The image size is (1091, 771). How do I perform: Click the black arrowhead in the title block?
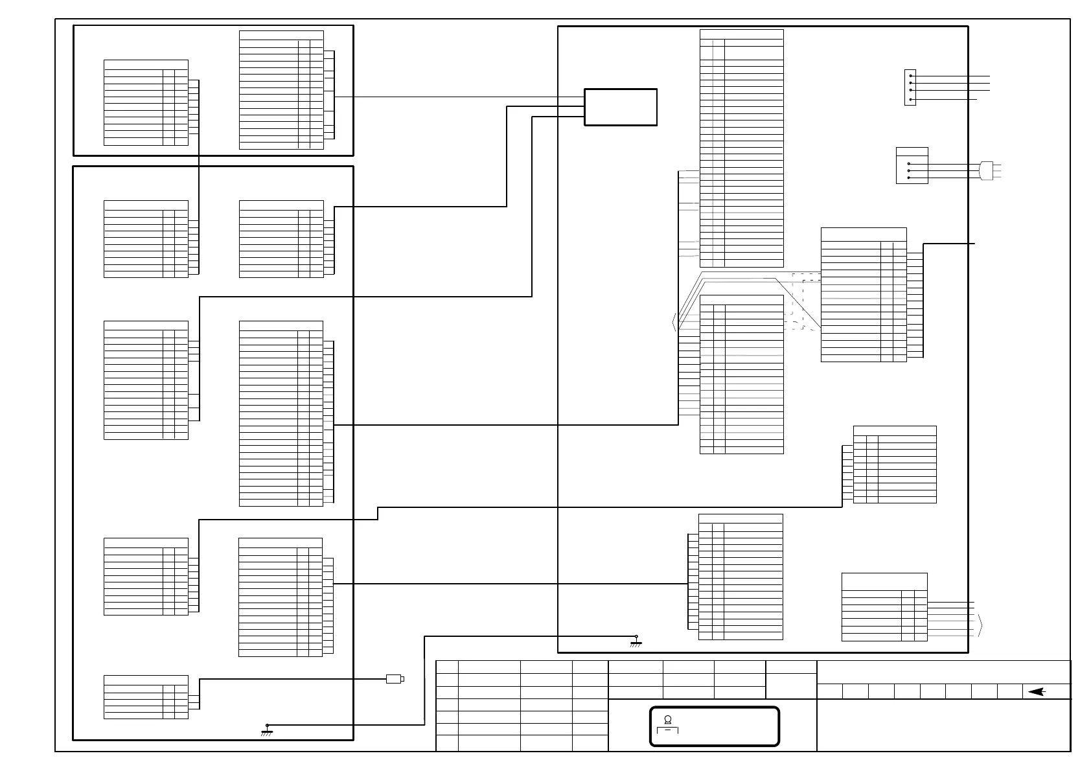[x=1037, y=692]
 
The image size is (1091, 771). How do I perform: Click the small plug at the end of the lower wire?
[x=395, y=679]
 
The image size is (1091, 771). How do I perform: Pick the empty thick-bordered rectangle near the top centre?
[x=621, y=107]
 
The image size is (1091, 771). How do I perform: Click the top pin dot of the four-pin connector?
[x=910, y=76]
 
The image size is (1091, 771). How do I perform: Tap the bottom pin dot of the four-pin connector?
[x=910, y=99]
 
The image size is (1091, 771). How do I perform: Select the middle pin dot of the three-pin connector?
[x=909, y=170]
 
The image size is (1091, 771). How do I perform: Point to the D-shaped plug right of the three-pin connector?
[x=987, y=170]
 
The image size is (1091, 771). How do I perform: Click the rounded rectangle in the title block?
[x=714, y=726]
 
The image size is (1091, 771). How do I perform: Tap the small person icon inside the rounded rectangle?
[x=667, y=719]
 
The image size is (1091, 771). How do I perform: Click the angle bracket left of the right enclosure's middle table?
[x=675, y=322]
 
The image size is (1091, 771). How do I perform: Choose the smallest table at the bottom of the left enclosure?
[x=146, y=696]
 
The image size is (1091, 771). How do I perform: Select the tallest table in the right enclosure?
[x=741, y=148]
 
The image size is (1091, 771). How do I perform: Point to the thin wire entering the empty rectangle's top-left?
[x=454, y=97]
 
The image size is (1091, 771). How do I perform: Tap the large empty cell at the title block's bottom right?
[x=943, y=726]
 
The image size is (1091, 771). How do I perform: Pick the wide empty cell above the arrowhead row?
[x=943, y=672]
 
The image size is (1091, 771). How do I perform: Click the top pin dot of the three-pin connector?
[x=909, y=163]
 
